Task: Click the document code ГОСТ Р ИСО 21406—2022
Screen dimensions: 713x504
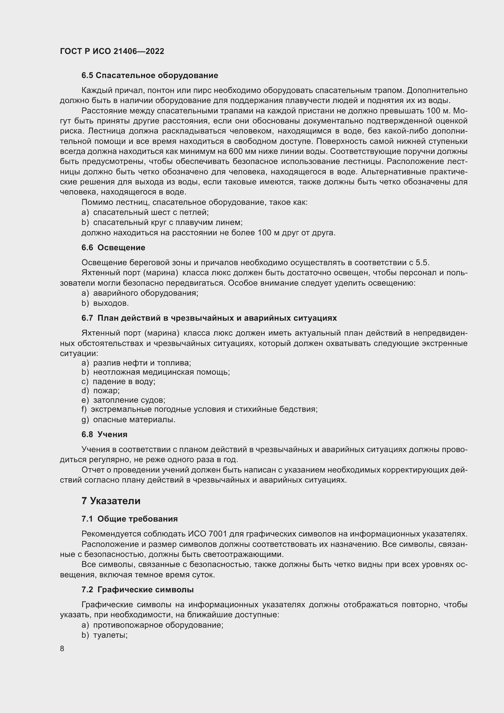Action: [112, 51]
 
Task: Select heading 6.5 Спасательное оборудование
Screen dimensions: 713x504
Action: [150, 76]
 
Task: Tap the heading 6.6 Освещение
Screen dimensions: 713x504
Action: [113, 248]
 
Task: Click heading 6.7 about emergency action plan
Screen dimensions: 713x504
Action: [209, 318]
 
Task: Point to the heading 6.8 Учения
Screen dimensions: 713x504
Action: [104, 434]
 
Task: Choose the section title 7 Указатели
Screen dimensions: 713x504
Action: [111, 501]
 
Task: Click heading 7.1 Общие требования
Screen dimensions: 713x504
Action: [130, 519]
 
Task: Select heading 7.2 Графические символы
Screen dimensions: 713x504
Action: [137, 590]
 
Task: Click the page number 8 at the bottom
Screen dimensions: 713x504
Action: [62, 648]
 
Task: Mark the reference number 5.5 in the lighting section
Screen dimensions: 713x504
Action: [422, 263]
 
